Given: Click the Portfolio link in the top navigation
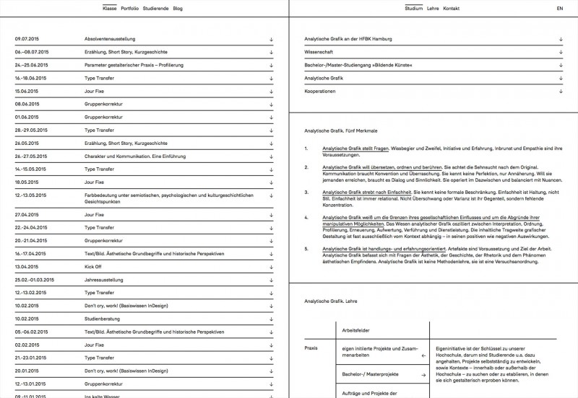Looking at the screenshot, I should (131, 8).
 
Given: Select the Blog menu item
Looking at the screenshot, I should (178, 8).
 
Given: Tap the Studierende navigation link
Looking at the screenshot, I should (157, 8).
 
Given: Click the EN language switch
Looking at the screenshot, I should (559, 8).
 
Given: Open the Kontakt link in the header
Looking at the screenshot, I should (451, 8).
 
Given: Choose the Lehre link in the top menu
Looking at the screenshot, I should (433, 8).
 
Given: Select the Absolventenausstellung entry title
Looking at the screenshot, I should (109, 40).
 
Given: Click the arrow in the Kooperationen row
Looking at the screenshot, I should (560, 92).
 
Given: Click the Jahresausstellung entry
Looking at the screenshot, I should (104, 279).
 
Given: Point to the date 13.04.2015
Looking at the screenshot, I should (27, 266).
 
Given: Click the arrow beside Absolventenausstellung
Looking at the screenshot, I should (271, 40).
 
